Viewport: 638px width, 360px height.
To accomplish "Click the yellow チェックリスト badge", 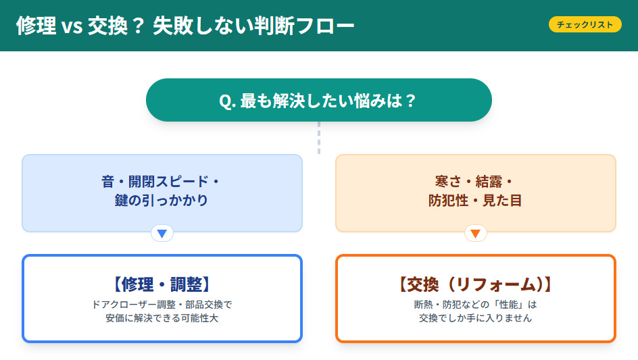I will click(585, 25).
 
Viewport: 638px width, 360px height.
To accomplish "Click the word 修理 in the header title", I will click(35, 26).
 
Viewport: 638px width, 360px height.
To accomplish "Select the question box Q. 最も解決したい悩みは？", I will click(318, 101).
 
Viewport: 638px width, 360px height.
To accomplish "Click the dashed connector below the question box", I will click(319, 138).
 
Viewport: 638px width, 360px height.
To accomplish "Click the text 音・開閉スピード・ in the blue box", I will click(162, 182).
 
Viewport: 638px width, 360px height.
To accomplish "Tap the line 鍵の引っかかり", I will click(162, 201).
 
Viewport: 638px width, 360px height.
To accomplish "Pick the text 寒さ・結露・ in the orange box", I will click(475, 182).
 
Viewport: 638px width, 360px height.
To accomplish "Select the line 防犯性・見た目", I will click(475, 201).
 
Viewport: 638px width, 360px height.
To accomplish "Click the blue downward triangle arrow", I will click(162, 234).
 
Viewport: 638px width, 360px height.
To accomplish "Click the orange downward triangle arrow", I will click(475, 234).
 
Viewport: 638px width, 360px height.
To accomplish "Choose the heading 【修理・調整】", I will click(162, 284).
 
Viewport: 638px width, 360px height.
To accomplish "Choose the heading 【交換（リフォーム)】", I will click(475, 284).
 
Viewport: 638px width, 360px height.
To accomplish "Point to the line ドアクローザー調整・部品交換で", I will click(162, 305).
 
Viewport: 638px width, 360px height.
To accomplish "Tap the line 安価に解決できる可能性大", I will click(162, 318).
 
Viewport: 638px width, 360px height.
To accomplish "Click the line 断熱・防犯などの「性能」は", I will click(475, 305).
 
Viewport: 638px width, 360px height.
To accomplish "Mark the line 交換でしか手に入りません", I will click(475, 318).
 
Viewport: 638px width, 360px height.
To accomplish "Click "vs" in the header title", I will click(70, 27).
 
